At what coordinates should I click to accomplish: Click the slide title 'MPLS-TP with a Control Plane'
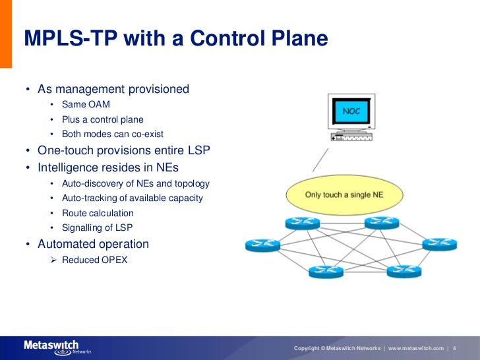point(175,39)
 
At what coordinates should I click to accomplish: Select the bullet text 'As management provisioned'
point(113,89)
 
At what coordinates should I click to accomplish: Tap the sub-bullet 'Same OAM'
point(86,104)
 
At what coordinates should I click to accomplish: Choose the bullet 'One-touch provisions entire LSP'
point(123,150)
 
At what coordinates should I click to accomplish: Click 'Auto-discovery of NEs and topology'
point(135,183)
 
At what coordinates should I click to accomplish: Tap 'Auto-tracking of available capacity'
point(132,198)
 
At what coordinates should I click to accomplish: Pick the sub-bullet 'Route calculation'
point(98,213)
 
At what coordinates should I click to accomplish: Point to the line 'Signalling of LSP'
point(98,228)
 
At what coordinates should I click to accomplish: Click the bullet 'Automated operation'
point(93,244)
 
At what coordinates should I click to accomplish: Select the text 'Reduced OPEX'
point(94,260)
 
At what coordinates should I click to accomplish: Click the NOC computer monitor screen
point(351,112)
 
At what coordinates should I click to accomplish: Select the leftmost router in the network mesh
point(262,245)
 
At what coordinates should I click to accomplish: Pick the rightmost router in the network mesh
point(439,245)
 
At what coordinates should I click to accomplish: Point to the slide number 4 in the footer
point(455,348)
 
